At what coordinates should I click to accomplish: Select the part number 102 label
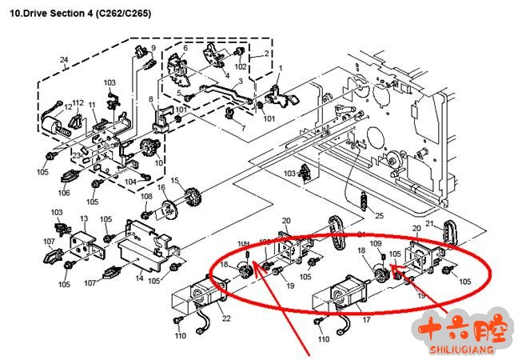pyautogui.click(x=241, y=67)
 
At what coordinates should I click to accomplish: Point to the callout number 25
pyautogui.click(x=380, y=216)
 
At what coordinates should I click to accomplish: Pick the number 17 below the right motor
pyautogui.click(x=367, y=320)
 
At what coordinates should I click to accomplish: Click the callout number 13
pyautogui.click(x=83, y=219)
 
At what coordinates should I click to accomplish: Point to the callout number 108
pyautogui.click(x=146, y=197)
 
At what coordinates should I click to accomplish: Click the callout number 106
pyautogui.click(x=64, y=192)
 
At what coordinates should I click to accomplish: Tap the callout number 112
pyautogui.click(x=78, y=102)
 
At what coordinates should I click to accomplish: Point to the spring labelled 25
pyautogui.click(x=365, y=200)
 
